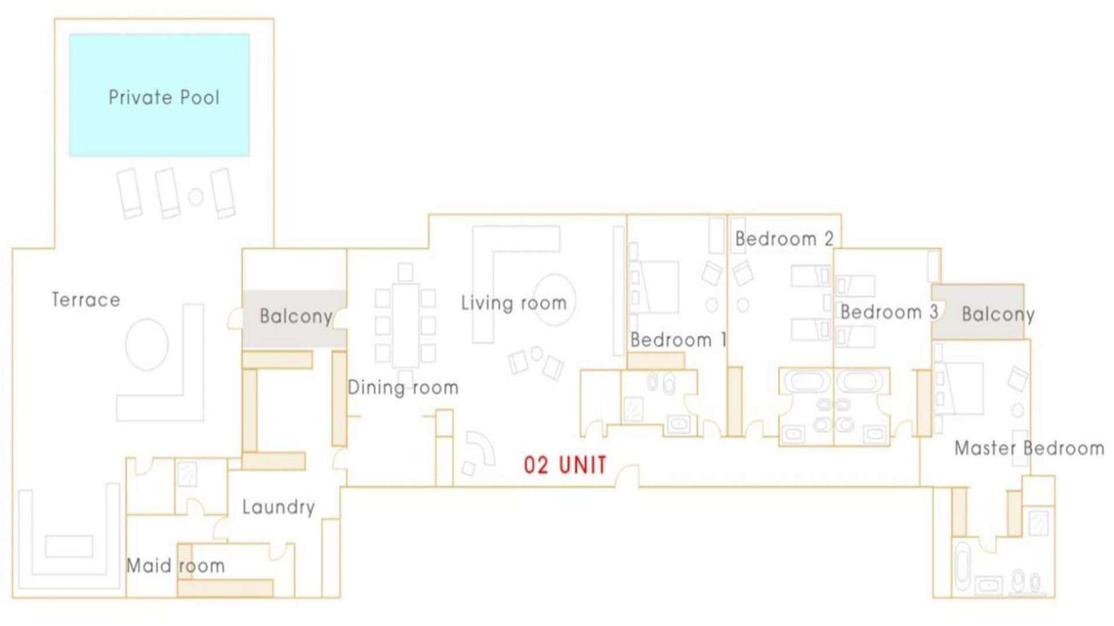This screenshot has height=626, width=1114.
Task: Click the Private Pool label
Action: pyautogui.click(x=164, y=97)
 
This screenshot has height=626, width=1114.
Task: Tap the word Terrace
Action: pyautogui.click(x=86, y=300)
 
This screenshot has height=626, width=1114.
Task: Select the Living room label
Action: pyautogui.click(x=513, y=303)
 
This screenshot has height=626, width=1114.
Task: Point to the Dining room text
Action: pyautogui.click(x=403, y=387)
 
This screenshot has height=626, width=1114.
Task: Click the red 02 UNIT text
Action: pyautogui.click(x=565, y=465)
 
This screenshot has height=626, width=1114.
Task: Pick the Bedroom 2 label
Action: pyautogui.click(x=784, y=238)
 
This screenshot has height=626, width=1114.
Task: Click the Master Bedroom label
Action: pyautogui.click(x=1029, y=448)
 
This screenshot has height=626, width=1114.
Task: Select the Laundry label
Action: pyautogui.click(x=278, y=507)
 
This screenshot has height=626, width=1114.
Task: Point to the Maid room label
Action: pyautogui.click(x=175, y=566)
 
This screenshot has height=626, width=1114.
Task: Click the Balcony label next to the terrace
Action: pyautogui.click(x=296, y=316)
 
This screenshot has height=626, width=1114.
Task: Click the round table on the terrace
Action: pyautogui.click(x=147, y=344)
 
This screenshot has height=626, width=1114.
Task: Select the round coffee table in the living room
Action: pyautogui.click(x=554, y=299)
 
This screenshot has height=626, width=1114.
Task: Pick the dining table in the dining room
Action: pyautogui.click(x=405, y=325)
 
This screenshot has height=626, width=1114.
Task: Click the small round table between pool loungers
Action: pyautogui.click(x=196, y=197)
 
